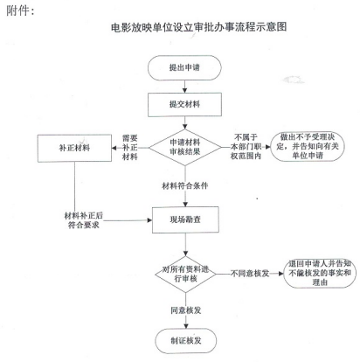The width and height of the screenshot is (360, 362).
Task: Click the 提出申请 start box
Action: (x=184, y=67)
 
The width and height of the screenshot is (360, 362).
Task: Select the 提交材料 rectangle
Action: (x=184, y=105)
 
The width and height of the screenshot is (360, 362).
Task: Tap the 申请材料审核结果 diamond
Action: (x=185, y=147)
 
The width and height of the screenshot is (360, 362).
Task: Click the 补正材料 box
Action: (x=74, y=148)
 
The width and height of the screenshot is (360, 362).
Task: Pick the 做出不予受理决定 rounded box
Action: (x=308, y=146)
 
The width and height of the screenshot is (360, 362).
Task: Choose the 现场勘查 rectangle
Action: (x=185, y=219)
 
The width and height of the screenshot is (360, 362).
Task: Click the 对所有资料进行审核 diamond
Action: (x=185, y=274)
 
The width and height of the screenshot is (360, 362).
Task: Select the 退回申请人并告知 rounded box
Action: (x=320, y=273)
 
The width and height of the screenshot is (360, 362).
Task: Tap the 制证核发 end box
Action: (x=186, y=341)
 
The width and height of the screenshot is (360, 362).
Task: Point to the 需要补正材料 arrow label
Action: (x=130, y=148)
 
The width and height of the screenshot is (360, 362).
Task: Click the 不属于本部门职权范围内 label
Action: (x=246, y=147)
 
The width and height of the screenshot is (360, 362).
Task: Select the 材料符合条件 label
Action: (x=185, y=185)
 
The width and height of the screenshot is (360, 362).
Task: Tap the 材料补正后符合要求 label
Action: (x=84, y=220)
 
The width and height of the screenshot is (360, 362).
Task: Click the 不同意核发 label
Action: (x=250, y=274)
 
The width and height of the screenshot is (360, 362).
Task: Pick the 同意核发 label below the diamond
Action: (x=186, y=310)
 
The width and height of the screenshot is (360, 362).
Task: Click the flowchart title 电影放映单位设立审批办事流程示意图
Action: (x=199, y=27)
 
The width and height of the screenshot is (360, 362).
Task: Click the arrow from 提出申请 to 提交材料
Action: (x=184, y=87)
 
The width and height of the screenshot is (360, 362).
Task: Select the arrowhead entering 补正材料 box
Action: (x=114, y=148)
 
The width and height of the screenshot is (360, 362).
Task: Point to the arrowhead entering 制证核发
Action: (x=186, y=326)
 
